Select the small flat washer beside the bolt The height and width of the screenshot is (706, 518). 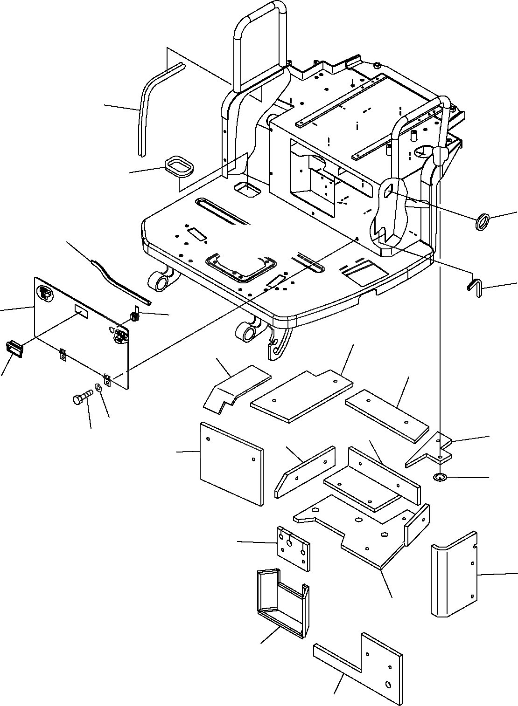click(98, 388)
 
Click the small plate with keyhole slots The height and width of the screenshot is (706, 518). click(293, 548)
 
